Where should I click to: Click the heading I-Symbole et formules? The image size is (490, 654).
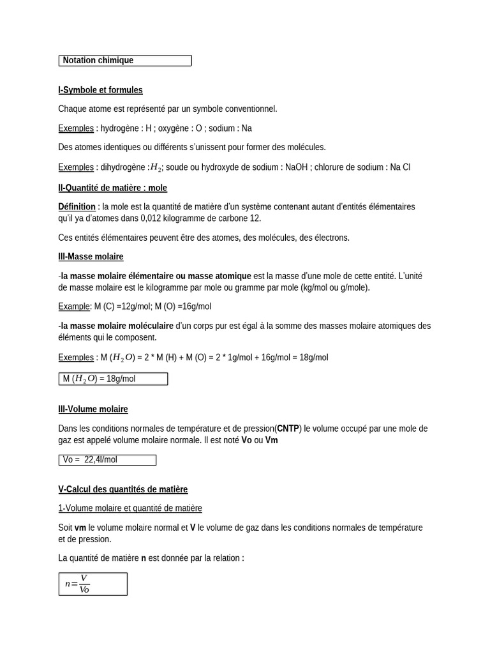[100, 90]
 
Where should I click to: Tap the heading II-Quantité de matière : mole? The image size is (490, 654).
[112, 188]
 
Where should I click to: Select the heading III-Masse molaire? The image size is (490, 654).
[91, 257]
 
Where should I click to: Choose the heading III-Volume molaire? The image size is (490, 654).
[93, 409]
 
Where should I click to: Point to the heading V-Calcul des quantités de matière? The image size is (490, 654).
[122, 489]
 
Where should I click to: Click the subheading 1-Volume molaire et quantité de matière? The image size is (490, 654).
[130, 508]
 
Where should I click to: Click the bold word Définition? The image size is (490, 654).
[77, 207]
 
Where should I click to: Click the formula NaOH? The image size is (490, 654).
[296, 167]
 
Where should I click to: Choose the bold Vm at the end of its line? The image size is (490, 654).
[272, 440]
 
